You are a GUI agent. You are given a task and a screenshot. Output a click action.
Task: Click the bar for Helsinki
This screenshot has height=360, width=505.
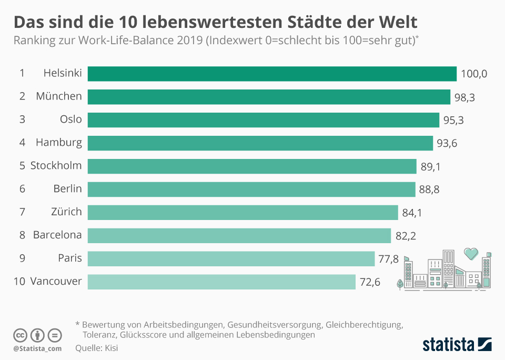pyautogui.click(x=272, y=74)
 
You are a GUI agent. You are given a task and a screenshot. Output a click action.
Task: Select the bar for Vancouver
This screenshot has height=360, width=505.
pyautogui.click(x=221, y=282)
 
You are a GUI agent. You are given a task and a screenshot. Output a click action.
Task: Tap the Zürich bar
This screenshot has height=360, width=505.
pyautogui.click(x=243, y=212)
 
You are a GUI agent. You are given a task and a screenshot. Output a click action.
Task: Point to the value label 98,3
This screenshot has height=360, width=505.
pyautogui.click(x=466, y=97)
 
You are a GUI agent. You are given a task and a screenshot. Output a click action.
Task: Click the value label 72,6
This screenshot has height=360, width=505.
pyautogui.click(x=370, y=282)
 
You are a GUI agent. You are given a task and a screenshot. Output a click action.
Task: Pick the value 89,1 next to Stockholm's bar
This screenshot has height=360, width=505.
pyautogui.click(x=431, y=166)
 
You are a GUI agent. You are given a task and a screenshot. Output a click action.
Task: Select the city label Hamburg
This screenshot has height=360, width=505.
pyautogui.click(x=59, y=142)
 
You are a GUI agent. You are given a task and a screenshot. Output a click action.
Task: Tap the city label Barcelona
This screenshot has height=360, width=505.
pyautogui.click(x=57, y=235)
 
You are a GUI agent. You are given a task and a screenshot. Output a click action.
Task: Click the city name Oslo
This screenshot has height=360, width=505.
pyautogui.click(x=71, y=119)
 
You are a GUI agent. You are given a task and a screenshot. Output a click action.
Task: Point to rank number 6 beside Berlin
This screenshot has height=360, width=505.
pyautogui.click(x=22, y=188)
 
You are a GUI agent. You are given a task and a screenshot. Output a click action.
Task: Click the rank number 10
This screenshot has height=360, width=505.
pyautogui.click(x=19, y=281)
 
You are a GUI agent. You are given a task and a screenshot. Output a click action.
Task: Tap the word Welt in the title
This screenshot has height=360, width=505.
pyautogui.click(x=398, y=22)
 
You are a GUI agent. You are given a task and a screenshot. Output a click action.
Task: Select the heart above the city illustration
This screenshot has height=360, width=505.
pyautogui.click(x=471, y=254)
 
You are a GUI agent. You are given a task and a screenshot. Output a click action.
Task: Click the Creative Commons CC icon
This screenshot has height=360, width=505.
pyautogui.click(x=20, y=335)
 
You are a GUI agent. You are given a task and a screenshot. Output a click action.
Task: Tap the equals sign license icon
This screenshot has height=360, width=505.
pyautogui.click(x=55, y=335)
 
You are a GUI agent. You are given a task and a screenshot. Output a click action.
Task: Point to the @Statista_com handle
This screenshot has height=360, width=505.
pyautogui.click(x=37, y=348)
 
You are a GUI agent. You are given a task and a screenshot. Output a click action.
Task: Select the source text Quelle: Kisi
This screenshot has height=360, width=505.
pyautogui.click(x=97, y=348)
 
